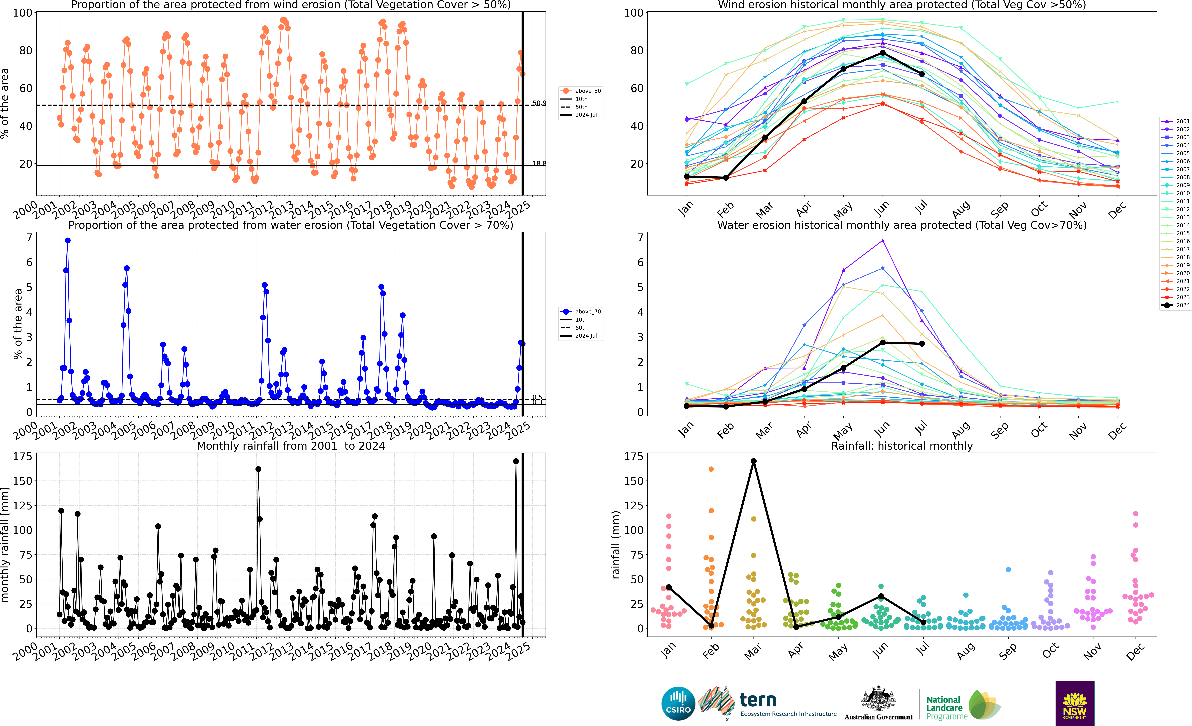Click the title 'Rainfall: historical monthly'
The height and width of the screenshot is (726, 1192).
902,446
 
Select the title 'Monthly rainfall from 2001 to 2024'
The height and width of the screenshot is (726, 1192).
291,446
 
